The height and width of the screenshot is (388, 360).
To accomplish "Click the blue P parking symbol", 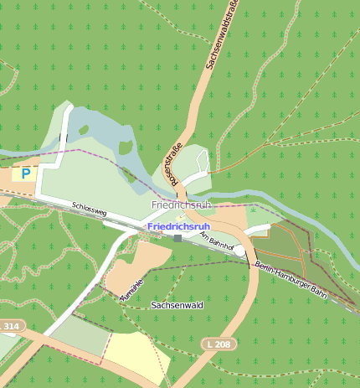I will pos(26,173).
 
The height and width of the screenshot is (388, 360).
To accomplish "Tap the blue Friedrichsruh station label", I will pos(178,226).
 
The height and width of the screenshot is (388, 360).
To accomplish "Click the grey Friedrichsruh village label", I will pos(180,204).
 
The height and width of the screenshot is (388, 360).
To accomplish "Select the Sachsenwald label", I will pos(177,306).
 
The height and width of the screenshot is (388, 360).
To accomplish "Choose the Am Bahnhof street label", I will pos(214,241).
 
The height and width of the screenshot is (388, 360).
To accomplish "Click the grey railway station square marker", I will pos(177,238).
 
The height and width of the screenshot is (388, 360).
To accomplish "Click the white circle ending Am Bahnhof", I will pos(239,251).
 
